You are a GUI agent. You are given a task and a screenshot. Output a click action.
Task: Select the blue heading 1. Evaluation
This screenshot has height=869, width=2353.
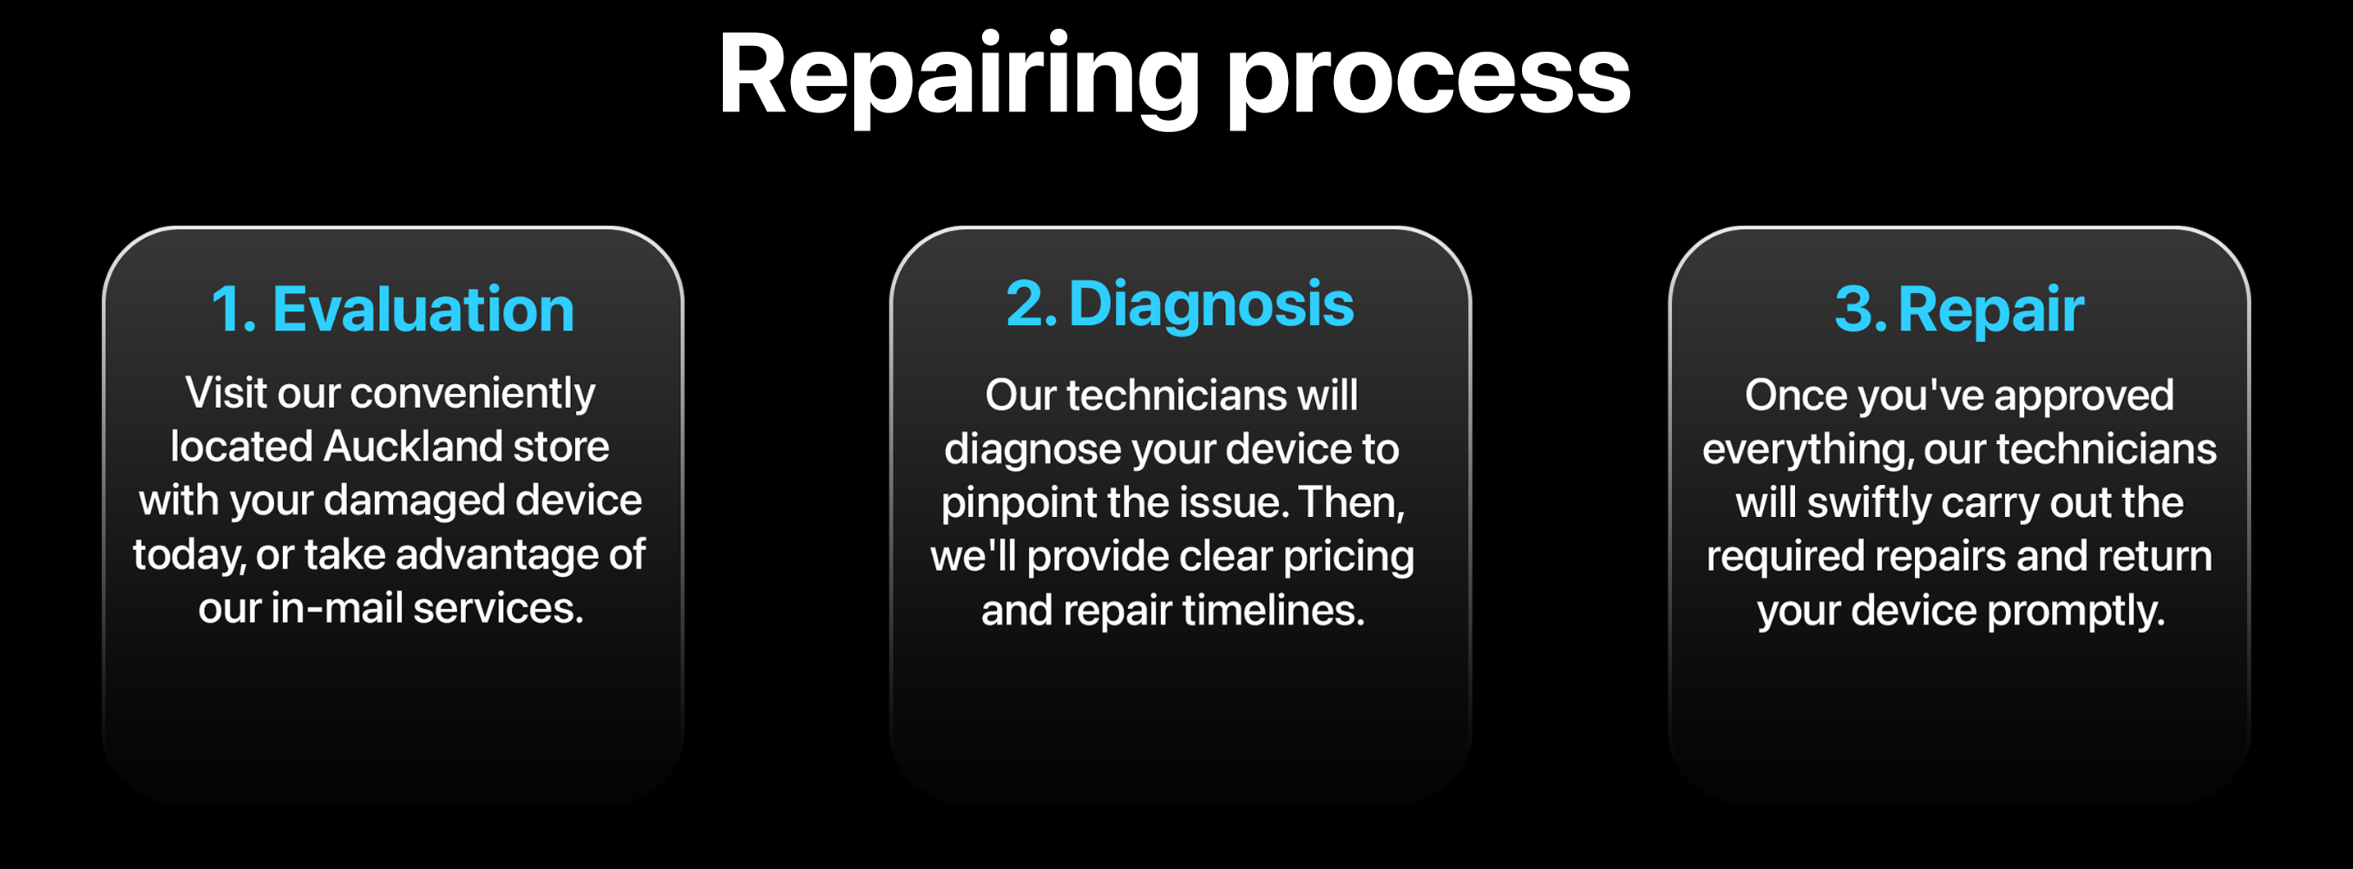pos(393,309)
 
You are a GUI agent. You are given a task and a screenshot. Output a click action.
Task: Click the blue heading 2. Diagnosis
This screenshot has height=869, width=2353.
pos(1179,304)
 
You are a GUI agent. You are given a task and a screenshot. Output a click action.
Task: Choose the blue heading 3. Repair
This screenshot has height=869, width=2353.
pos(1959,309)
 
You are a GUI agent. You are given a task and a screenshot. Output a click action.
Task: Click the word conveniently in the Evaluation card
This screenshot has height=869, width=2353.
pos(473,394)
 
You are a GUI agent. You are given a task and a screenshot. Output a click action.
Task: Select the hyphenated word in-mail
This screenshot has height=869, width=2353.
pos(337,608)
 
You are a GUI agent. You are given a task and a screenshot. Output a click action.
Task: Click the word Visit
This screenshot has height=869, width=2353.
pos(226,393)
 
